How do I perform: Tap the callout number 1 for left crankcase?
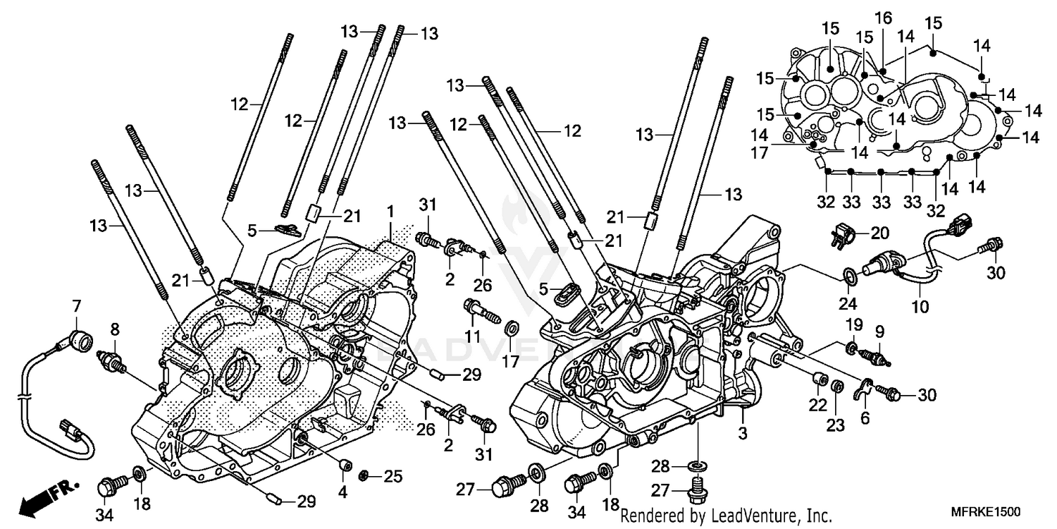tap(390, 211)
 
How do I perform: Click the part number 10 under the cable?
tap(920, 308)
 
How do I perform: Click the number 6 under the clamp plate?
tap(865, 418)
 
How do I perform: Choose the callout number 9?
tap(879, 330)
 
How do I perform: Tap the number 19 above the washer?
tap(853, 324)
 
